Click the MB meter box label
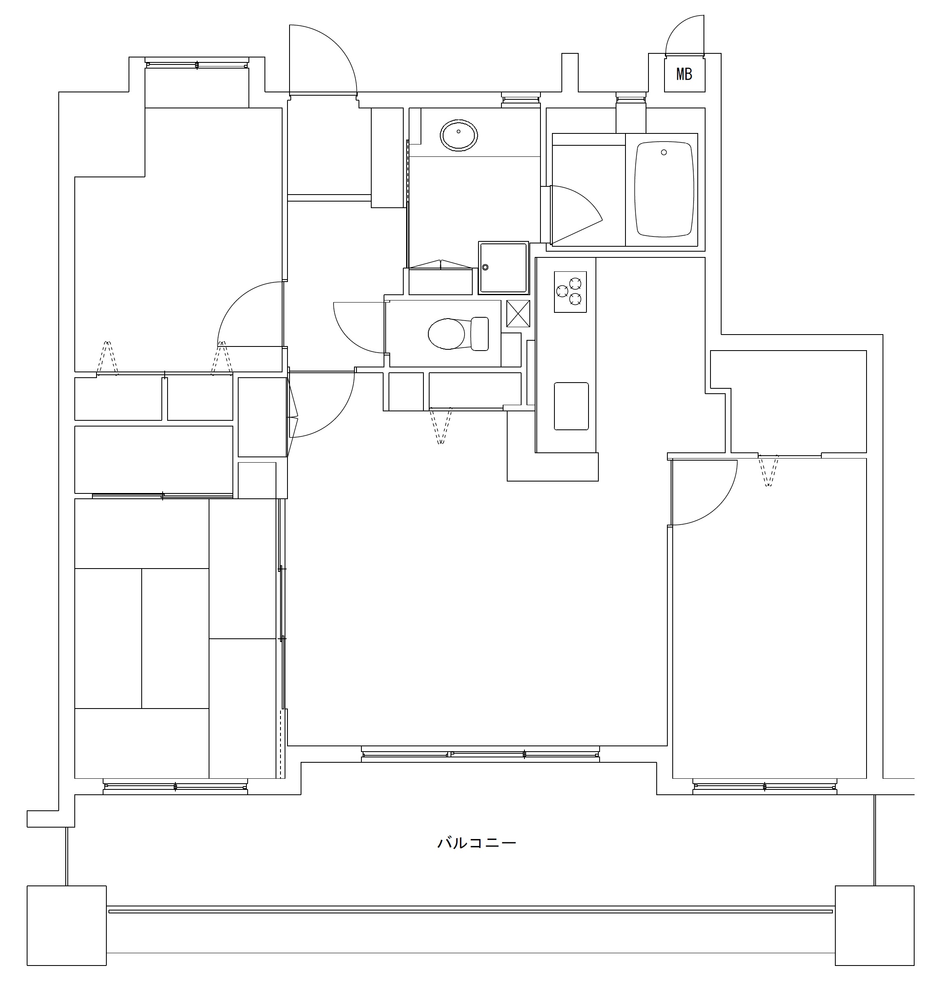click(684, 74)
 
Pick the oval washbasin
click(458, 135)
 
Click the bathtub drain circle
click(664, 152)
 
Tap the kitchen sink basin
click(571, 406)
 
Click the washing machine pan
click(503, 268)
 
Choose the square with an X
click(518, 313)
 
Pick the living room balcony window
click(480, 754)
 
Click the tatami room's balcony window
click(175, 787)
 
